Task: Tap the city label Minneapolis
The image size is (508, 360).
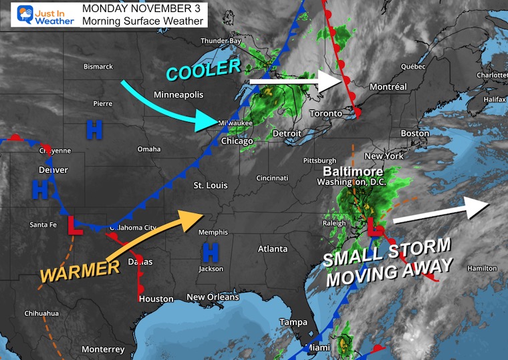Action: coord(178,95)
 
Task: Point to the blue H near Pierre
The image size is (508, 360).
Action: coord(94,130)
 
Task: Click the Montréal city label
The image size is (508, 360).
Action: coord(388,87)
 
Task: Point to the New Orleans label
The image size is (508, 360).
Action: coord(213,297)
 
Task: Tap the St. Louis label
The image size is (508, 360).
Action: coord(210,185)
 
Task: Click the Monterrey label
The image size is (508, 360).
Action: coord(102,349)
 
